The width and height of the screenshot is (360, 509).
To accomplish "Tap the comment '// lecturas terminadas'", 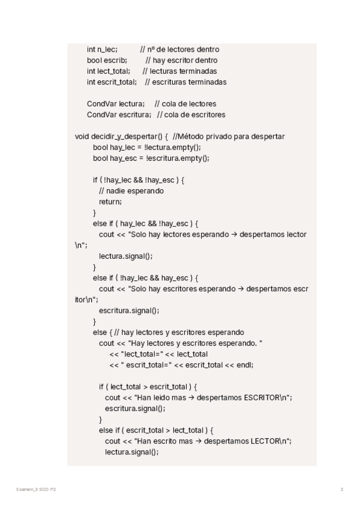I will [x=180, y=71].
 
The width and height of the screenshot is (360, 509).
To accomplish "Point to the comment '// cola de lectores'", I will [x=185, y=104].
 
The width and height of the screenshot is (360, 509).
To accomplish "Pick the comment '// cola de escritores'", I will [x=191, y=115].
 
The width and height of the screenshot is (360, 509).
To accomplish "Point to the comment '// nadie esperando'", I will [x=131, y=191].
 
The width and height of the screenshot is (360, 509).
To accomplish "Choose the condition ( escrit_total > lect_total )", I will [x=162, y=430].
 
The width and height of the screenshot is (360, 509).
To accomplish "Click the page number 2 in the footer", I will [x=342, y=490].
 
